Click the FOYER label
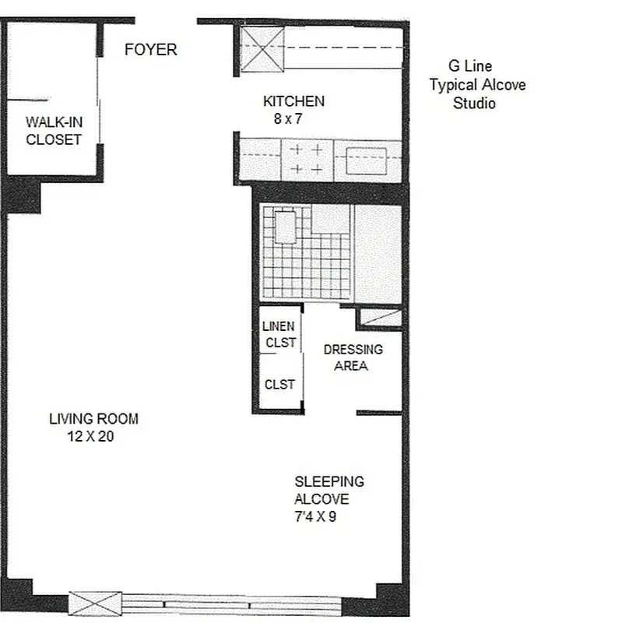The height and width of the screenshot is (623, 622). tap(151, 50)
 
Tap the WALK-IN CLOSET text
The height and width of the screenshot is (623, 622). tap(54, 131)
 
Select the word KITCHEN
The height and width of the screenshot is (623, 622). tap(293, 101)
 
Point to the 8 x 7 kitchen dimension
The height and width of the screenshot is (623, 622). tap(288, 119)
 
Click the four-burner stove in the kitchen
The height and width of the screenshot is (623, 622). tap(307, 159)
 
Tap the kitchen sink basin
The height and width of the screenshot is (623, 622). tap(366, 160)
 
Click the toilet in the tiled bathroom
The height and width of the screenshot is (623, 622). tap(284, 226)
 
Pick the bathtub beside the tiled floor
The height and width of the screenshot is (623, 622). tap(378, 253)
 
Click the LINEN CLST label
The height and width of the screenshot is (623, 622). tap(279, 335)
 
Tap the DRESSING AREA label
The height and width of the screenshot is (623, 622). tap(353, 357)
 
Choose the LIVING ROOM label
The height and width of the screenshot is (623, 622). tap(93, 419)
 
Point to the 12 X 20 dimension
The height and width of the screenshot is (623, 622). tap(91, 437)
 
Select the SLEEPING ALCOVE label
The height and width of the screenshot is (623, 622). tap(327, 491)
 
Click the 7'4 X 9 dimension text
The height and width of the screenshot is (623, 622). tap(315, 516)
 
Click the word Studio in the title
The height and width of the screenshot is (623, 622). tap(474, 103)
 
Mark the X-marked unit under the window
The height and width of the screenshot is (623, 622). tap(96, 604)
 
